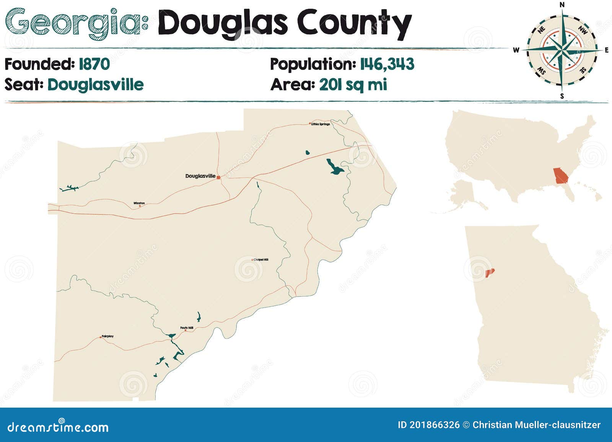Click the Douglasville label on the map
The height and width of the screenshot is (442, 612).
coord(200,176)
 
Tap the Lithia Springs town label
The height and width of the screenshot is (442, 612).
coord(321,124)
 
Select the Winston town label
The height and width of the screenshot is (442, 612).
coord(139,203)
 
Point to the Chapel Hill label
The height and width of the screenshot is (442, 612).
coord(261,260)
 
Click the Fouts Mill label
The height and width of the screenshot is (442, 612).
coord(187,328)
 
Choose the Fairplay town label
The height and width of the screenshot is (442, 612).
coord(107,337)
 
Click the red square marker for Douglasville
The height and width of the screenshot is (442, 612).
coord(218,177)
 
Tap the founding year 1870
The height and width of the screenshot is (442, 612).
coord(94,64)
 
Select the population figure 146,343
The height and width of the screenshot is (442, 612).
coord(387,64)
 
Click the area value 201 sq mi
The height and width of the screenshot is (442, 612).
coord(353,84)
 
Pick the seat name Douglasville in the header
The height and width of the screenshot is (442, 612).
coord(95,84)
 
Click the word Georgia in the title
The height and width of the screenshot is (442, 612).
coord(73,24)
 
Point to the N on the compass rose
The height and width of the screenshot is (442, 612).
coord(562,5)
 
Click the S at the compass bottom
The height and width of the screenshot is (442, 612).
coord(562,96)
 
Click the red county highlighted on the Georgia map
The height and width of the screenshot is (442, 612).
coord(490,273)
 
